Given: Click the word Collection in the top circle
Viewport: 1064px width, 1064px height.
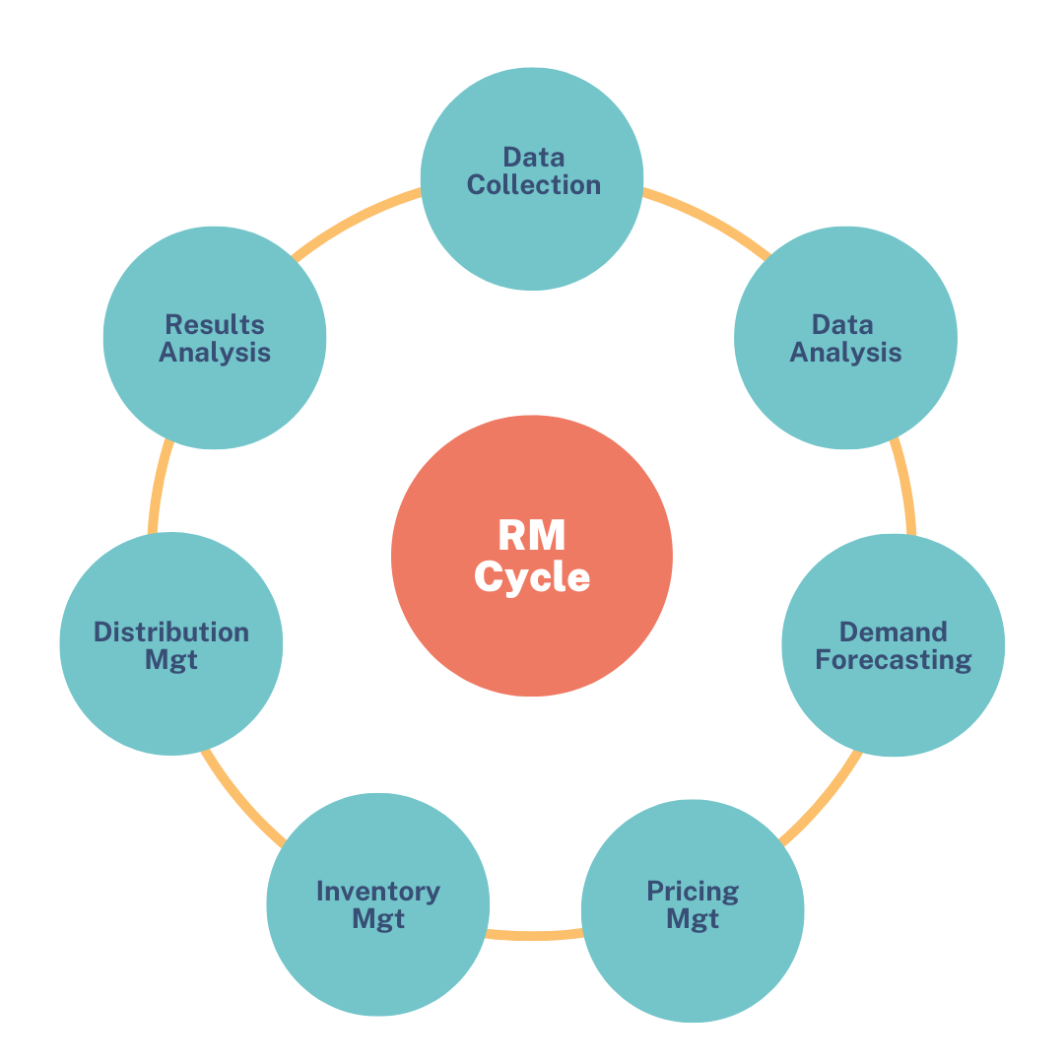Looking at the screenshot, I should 533,185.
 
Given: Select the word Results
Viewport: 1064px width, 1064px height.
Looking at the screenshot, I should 215,324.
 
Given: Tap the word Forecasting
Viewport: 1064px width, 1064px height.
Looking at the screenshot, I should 894,659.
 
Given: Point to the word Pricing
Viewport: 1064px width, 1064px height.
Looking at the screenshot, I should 693,893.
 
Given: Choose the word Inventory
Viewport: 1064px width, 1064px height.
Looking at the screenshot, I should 378,892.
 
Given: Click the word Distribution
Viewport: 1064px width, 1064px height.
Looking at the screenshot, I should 171,632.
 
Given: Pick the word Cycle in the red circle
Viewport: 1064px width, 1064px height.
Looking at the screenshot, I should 532,576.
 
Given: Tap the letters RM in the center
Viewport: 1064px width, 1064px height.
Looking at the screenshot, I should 532,536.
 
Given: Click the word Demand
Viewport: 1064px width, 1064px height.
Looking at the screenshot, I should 894,632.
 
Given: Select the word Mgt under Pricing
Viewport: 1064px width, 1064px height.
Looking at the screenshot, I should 693,919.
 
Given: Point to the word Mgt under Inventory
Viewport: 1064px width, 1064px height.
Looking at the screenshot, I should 378,919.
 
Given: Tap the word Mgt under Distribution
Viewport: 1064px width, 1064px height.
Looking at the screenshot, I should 171,659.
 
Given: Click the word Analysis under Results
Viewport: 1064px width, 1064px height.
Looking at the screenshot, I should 215,352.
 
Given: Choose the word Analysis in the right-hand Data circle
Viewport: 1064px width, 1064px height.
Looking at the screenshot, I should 845,352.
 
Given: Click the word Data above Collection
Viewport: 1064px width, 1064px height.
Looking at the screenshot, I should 533,157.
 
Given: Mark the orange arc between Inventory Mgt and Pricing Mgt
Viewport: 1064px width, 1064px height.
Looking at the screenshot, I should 533,934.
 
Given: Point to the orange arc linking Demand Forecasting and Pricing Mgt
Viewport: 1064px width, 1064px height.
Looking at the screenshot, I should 823,800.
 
